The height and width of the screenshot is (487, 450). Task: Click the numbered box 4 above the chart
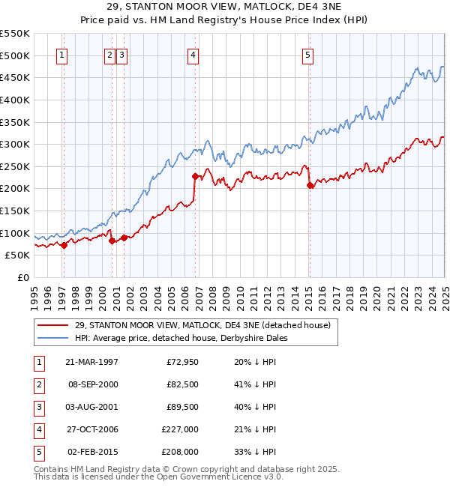pos(193,54)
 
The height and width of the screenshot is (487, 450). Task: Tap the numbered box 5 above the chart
pos(308,54)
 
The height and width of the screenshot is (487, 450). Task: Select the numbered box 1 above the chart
pos(61,54)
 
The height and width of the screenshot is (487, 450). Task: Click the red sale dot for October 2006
pos(196,177)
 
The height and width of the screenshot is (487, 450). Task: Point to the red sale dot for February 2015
pos(310,186)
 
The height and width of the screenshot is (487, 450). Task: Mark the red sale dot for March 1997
pos(64,244)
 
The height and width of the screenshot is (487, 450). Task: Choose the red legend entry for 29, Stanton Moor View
pos(202,325)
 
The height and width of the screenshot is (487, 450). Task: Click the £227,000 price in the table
pos(180,429)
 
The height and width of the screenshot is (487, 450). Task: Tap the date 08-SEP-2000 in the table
pos(92,384)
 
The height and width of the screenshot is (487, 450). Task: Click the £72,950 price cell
pos(181,362)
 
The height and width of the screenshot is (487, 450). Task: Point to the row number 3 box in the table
pos(38,407)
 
